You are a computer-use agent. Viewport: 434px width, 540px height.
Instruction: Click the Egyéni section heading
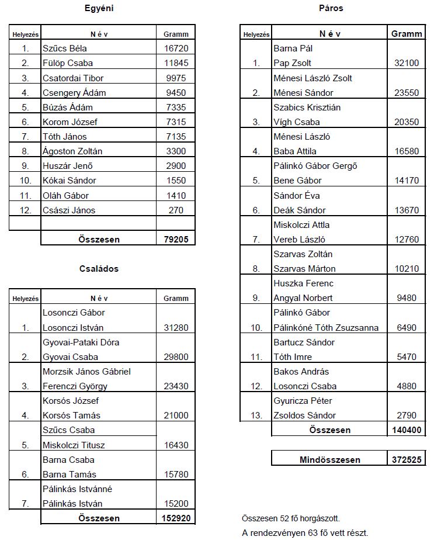point(99,8)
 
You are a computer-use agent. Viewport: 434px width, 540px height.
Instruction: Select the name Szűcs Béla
point(65,49)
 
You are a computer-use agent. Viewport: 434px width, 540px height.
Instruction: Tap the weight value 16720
point(176,49)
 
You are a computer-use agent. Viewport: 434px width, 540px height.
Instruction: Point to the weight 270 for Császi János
point(176,210)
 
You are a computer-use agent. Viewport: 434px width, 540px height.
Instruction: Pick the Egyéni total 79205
point(176,239)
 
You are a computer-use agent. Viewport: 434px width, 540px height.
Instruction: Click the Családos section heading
point(99,269)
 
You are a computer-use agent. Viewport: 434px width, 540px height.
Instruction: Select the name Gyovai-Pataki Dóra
point(81,342)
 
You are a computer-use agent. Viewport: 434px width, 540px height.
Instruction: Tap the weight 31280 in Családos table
point(176,328)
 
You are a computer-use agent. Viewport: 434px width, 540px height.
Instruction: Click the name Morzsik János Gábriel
point(86,372)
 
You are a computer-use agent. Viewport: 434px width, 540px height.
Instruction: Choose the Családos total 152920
point(176,518)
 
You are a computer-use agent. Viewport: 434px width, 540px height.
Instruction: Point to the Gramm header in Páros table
point(407,34)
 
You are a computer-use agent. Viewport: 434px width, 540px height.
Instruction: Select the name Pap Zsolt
point(292,63)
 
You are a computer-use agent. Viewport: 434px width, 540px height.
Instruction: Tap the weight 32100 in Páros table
point(407,63)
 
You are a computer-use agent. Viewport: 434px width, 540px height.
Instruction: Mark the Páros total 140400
point(407,430)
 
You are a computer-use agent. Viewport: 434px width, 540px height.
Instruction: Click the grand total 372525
point(407,460)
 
